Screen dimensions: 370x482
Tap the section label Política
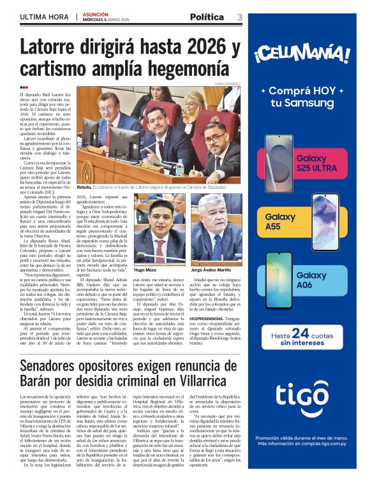click(207, 17)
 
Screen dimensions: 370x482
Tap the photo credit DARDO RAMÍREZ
click(227, 84)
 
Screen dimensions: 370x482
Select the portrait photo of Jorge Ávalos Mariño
click(215, 228)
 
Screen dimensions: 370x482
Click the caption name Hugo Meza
click(145, 270)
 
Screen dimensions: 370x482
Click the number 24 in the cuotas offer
click(300, 333)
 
